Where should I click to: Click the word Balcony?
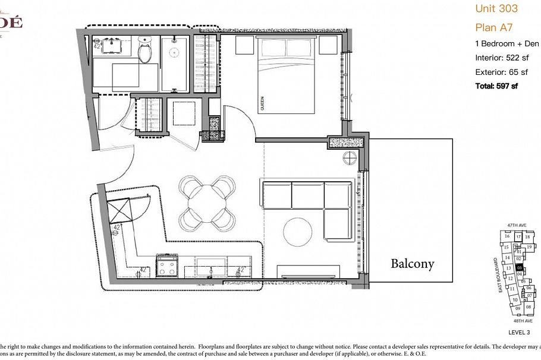412,264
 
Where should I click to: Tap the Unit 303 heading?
496,8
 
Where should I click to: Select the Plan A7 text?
494,27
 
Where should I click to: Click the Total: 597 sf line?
496,86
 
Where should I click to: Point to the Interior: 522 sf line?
502,58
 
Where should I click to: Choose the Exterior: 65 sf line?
501,72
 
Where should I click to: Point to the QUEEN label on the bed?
262,105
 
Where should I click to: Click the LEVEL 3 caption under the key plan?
519,332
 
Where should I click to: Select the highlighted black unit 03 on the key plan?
519,267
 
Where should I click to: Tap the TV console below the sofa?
309,271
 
